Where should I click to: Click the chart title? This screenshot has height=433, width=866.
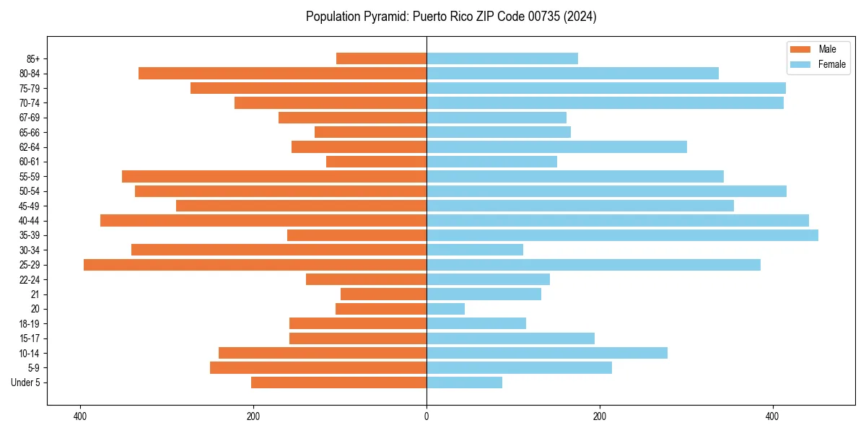click(451, 17)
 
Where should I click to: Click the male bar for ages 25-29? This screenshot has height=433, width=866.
click(255, 265)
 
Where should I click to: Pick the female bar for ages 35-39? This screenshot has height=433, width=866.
click(622, 235)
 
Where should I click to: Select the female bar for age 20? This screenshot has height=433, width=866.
click(445, 309)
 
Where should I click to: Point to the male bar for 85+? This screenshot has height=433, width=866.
click(381, 58)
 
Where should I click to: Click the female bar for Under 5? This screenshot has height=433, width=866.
click(464, 382)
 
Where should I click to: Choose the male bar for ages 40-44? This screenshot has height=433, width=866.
click(263, 220)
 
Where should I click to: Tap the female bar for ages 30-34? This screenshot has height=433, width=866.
click(475, 250)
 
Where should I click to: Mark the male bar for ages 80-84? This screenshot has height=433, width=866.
click(282, 73)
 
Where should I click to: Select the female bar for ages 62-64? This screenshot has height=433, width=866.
click(556, 146)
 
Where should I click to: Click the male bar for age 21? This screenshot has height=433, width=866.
click(383, 294)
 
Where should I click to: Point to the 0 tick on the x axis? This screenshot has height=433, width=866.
click(427, 416)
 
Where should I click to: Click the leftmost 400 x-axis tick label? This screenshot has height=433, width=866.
click(80, 416)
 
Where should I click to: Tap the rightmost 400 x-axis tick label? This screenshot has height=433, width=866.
click(772, 416)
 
